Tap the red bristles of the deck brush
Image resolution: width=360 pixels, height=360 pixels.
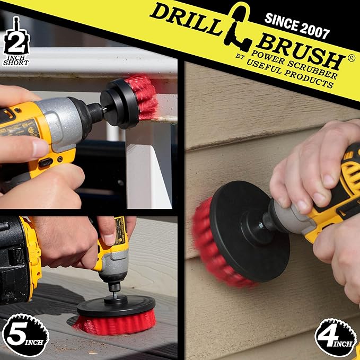click(114, 323)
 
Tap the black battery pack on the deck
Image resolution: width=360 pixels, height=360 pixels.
click(16, 260)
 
